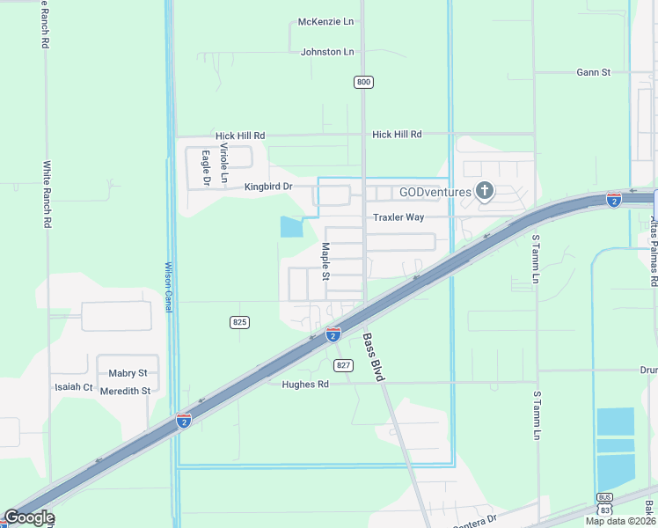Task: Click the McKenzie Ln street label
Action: pyautogui.click(x=325, y=21)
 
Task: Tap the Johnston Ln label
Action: pyautogui.click(x=326, y=52)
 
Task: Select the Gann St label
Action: pyautogui.click(x=593, y=72)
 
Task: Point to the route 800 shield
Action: pyautogui.click(x=363, y=82)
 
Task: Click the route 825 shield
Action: pyautogui.click(x=239, y=322)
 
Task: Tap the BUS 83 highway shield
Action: pyautogui.click(x=603, y=504)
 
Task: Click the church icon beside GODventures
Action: pyautogui.click(x=484, y=190)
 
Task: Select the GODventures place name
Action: pyautogui.click(x=435, y=192)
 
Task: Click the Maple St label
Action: pyautogui.click(x=325, y=261)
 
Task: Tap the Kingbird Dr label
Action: pyautogui.click(x=267, y=187)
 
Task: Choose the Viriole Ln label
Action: pyautogui.click(x=224, y=163)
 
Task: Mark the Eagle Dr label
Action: pyautogui.click(x=205, y=168)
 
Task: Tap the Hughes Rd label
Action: pyautogui.click(x=304, y=385)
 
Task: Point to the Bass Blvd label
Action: pyautogui.click(x=374, y=356)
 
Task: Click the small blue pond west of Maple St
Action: pyautogui.click(x=290, y=227)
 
